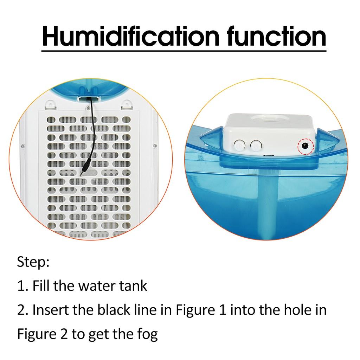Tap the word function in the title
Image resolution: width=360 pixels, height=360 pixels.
(x=276, y=36)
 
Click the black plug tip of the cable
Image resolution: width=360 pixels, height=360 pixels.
(x=83, y=173)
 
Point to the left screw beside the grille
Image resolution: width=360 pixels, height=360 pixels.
(x=22, y=145)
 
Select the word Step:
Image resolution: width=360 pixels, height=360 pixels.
(x=33, y=263)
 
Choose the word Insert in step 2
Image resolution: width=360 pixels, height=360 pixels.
(x=48, y=310)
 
